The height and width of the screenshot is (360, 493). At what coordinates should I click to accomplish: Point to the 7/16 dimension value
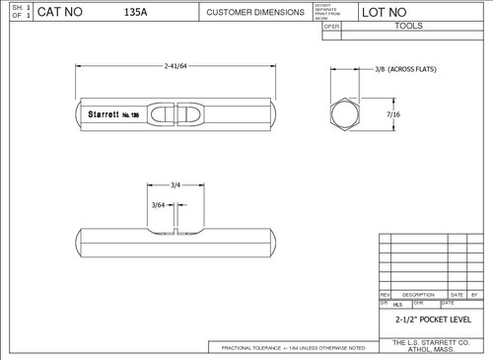click(x=392, y=115)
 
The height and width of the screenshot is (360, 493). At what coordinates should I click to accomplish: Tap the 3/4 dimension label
click(x=175, y=184)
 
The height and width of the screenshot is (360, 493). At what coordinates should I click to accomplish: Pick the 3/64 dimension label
click(x=158, y=204)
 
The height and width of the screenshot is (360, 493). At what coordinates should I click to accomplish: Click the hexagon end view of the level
click(x=345, y=114)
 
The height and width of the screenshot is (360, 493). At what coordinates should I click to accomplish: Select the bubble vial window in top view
click(x=176, y=113)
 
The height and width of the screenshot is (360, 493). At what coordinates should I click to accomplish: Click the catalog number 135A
click(x=138, y=13)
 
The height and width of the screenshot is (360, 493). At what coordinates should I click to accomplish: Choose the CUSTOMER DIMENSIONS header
click(x=254, y=13)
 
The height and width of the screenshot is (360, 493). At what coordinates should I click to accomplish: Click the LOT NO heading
click(x=387, y=13)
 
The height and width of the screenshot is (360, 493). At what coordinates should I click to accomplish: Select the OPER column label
click(x=332, y=27)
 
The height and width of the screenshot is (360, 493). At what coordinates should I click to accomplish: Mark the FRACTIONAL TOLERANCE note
click(x=294, y=348)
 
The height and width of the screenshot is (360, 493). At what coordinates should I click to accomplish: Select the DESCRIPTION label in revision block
click(x=418, y=294)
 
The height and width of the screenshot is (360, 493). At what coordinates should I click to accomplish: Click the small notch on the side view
click(x=176, y=233)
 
